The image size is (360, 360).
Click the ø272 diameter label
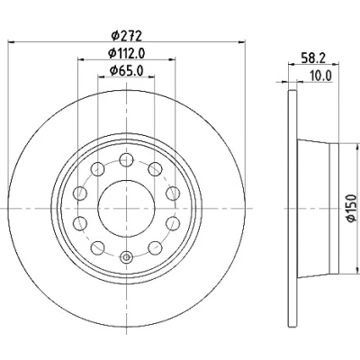126,36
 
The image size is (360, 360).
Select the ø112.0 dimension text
126,53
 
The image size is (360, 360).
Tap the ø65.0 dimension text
126,70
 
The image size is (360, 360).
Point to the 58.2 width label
313,58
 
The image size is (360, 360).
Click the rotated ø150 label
351,209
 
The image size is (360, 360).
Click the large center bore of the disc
126,209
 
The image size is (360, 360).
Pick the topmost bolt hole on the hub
126,159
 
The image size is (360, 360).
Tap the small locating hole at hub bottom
126,257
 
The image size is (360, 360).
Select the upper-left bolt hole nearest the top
97,169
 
